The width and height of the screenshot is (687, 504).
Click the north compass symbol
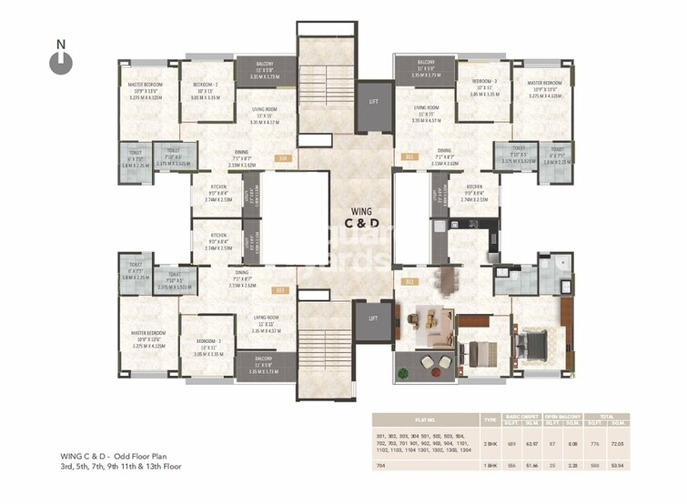point(61,60)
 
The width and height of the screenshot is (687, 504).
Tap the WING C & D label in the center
point(355,217)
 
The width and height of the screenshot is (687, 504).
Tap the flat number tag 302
point(409,281)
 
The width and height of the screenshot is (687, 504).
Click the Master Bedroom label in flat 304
point(146,89)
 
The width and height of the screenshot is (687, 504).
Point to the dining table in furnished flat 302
point(445,278)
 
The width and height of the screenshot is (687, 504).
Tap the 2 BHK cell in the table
point(489,442)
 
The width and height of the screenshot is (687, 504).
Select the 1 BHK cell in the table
point(489,464)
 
